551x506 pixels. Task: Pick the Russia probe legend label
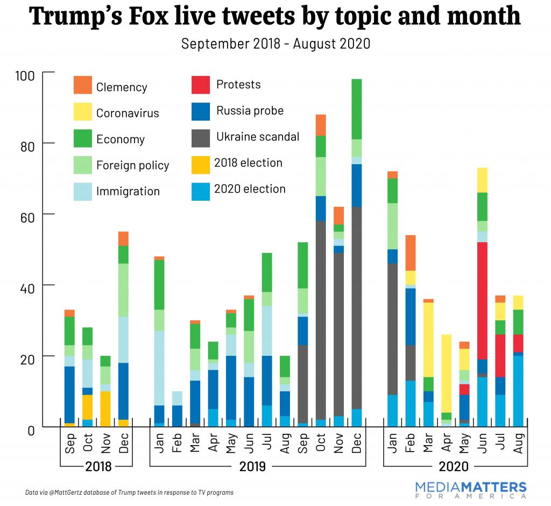[250, 111]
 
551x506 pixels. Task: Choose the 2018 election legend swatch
[200, 163]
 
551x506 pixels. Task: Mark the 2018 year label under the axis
[97, 466]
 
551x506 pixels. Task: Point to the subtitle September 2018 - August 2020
[275, 44]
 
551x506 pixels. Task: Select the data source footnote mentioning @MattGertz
[129, 492]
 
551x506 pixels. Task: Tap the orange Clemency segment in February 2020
[411, 252]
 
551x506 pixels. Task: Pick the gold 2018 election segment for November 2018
[106, 409]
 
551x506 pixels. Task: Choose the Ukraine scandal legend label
[257, 137]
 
